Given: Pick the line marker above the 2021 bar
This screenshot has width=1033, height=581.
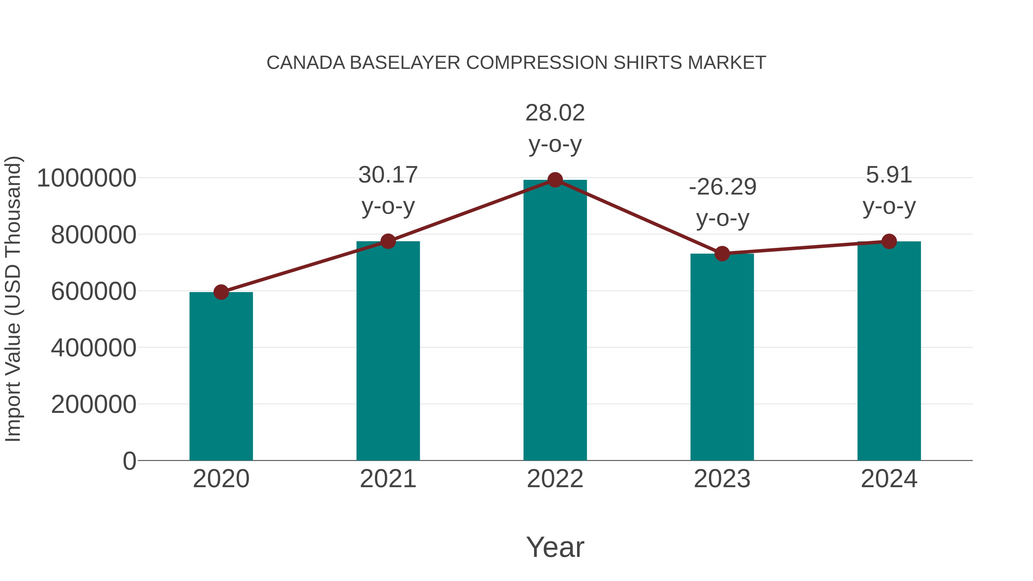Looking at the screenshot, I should tap(388, 241).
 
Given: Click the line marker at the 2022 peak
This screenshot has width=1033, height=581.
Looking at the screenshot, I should tap(555, 180).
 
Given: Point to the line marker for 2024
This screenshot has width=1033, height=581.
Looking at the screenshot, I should tap(889, 241).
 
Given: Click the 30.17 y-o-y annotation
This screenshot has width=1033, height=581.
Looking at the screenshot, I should tap(388, 191).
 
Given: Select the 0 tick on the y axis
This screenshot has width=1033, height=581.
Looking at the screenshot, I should tap(129, 461).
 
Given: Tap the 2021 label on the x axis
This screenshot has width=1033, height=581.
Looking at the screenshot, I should tap(388, 479).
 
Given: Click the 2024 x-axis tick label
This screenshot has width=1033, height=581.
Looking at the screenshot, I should tap(889, 479).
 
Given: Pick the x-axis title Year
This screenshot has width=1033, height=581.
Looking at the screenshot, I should tap(555, 547).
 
